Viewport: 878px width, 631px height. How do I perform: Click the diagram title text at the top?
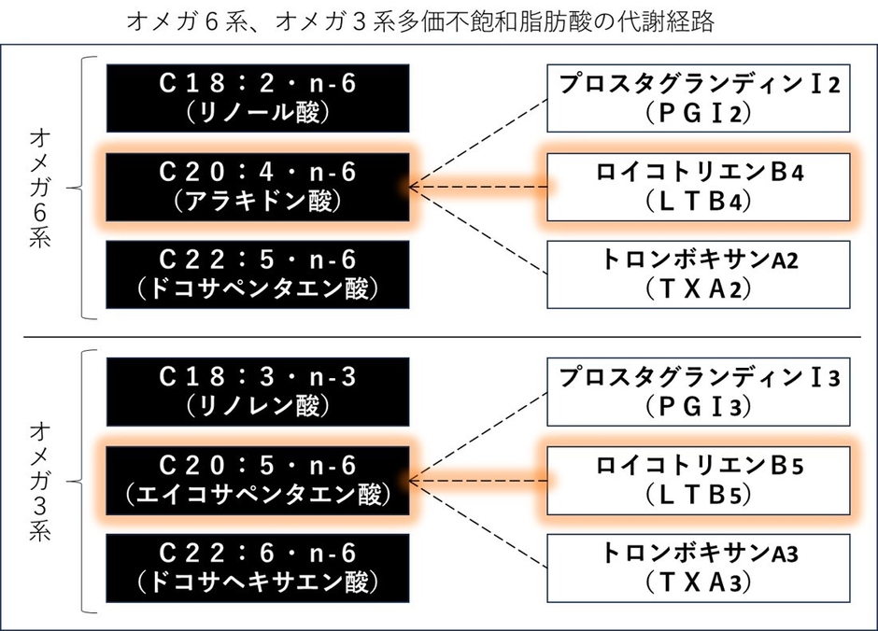[439, 21]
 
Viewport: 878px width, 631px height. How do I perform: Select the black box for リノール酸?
[257, 98]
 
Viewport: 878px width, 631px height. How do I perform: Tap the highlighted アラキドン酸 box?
[257, 187]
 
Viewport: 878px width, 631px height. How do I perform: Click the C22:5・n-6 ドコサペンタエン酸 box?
[257, 274]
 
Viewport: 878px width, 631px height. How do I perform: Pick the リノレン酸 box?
[257, 392]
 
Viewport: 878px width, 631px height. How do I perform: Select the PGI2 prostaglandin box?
[699, 98]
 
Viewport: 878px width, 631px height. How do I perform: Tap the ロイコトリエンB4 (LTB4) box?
[699, 187]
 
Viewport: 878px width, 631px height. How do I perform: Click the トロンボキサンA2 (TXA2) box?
[699, 274]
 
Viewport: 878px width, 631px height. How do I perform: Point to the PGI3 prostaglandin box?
[699, 392]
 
